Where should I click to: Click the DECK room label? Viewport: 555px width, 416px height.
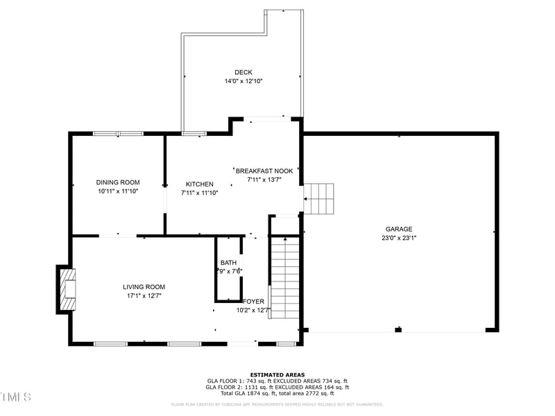tap(243, 72)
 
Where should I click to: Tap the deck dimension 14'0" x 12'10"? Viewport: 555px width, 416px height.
tap(243, 81)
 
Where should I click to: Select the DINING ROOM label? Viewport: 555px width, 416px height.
tap(118, 182)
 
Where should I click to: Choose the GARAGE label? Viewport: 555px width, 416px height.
tap(399, 229)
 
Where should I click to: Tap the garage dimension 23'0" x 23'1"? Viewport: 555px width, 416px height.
tap(399, 237)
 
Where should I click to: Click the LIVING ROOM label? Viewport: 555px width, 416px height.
tap(144, 286)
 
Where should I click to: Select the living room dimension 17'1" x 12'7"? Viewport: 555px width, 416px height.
tap(144, 295)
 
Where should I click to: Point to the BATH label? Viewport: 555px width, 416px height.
tap(228, 263)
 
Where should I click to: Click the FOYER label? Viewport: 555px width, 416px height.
tap(253, 302)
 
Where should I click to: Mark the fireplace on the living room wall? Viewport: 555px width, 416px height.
tap(67, 288)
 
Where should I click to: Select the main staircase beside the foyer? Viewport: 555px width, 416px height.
tap(284, 277)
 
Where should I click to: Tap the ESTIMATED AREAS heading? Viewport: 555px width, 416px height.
tap(277, 374)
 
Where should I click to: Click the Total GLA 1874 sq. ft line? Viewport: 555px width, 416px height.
tap(277, 393)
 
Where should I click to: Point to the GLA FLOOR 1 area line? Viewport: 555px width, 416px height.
tap(277, 381)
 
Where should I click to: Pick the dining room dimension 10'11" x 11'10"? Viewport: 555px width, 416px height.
tap(118, 191)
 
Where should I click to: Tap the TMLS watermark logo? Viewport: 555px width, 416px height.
tap(15, 397)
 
